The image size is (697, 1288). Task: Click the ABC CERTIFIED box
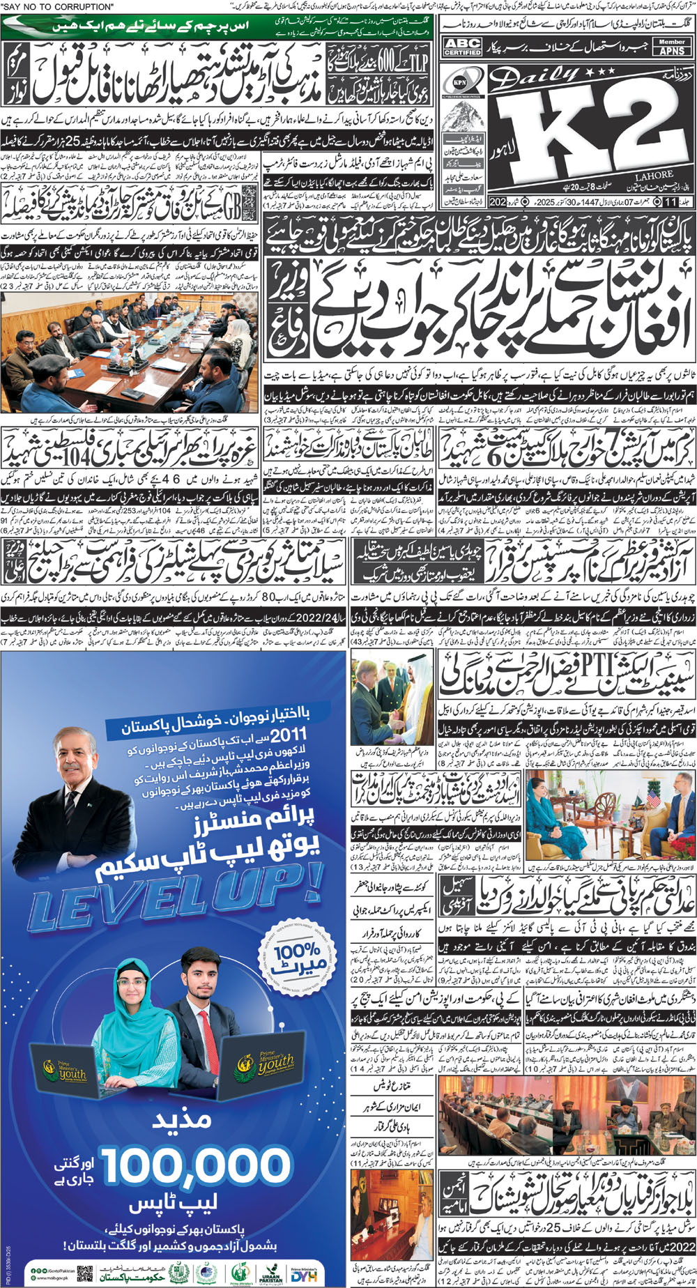point(463,47)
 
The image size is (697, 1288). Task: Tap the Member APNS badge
point(671,47)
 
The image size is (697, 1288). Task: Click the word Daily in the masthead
point(530,82)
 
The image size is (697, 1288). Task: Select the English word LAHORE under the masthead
point(654,176)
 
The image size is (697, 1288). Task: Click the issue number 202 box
point(497,202)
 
